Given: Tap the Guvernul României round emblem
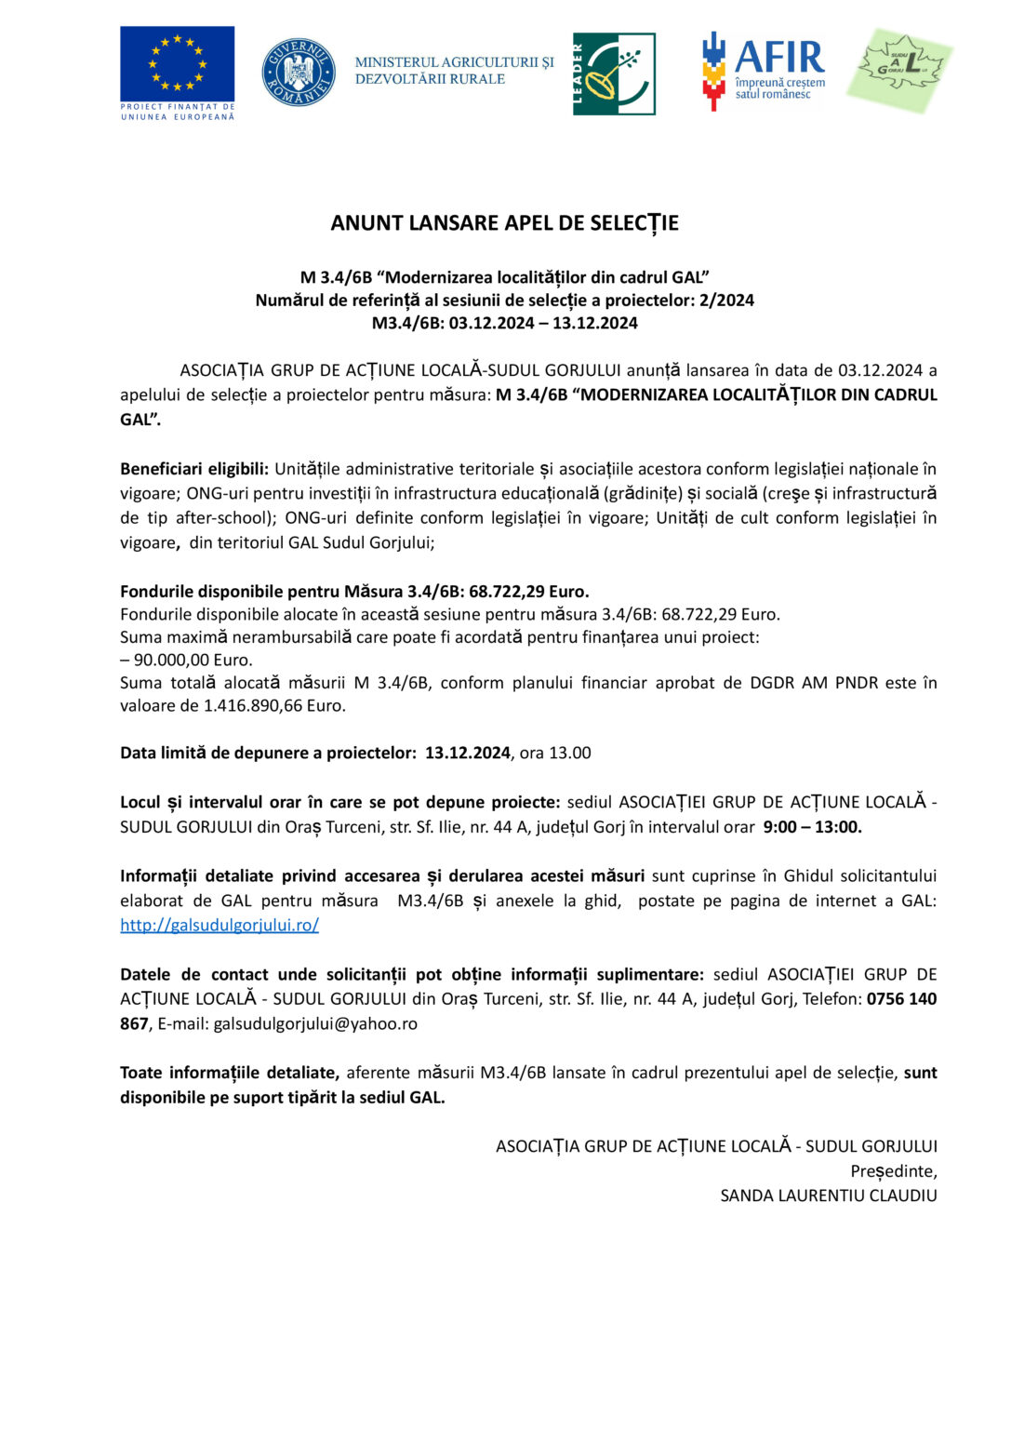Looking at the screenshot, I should (299, 72).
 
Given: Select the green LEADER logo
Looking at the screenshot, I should (614, 73).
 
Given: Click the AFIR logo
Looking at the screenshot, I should (764, 70).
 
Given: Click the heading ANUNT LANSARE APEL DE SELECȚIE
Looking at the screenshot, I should (505, 223).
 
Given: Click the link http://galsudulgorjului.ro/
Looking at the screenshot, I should (219, 925).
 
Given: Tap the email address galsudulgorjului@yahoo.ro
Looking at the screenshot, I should (315, 1023).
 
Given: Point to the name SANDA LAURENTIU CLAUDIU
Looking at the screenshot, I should (829, 1195).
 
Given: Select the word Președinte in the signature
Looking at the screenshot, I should (893, 1171).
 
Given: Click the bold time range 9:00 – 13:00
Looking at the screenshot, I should (812, 826).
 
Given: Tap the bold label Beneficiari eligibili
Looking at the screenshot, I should (193, 469).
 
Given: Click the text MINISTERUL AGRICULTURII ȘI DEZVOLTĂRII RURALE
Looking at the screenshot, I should (454, 71).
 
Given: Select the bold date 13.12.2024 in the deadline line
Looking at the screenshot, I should (468, 753).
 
